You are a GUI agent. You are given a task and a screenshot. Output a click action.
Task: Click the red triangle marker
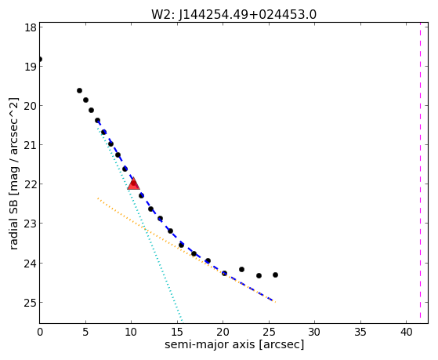click(x=133, y=184)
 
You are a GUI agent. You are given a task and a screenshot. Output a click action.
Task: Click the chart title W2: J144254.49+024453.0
click(x=233, y=15)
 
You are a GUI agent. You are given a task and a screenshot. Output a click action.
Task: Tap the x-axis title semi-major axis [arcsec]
click(x=234, y=344)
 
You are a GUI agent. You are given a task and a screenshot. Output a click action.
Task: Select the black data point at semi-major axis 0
click(x=40, y=59)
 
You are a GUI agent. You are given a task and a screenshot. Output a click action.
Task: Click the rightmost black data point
click(x=275, y=275)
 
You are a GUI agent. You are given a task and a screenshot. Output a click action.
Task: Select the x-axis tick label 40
click(x=407, y=332)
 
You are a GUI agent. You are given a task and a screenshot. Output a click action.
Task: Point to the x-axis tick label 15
click(x=177, y=332)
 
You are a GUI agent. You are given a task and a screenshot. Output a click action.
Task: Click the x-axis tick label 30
click(x=314, y=332)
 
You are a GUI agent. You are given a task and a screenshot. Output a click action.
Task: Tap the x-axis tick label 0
click(x=40, y=332)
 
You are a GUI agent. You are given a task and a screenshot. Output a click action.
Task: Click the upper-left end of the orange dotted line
click(x=98, y=198)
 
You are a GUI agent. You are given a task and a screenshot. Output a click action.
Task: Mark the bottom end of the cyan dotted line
click(x=182, y=321)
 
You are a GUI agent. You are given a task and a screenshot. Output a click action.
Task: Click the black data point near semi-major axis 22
click(x=241, y=269)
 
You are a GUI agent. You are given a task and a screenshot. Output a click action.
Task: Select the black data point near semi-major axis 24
click(x=259, y=275)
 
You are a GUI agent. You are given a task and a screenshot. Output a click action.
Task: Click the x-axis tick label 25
click(x=269, y=332)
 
